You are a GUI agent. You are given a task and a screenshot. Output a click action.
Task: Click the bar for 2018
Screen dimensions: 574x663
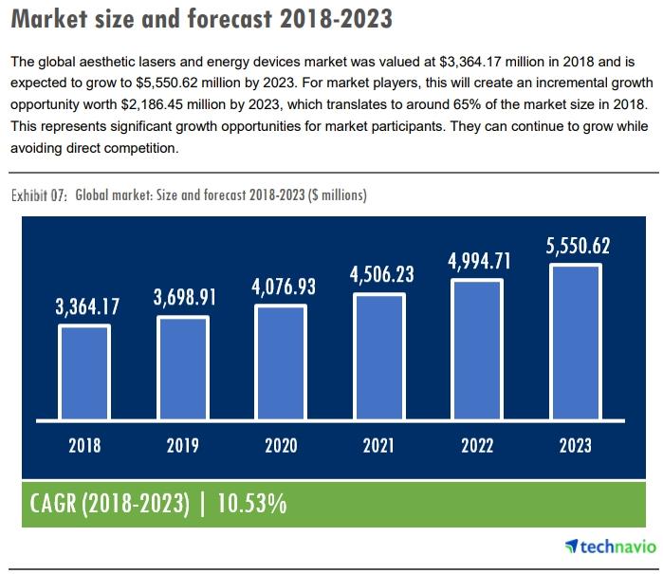tap(84, 371)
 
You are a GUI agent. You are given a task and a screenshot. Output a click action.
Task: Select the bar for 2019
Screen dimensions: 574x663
tap(183, 366)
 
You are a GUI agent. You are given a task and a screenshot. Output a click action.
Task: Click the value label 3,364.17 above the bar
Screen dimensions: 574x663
tap(87, 306)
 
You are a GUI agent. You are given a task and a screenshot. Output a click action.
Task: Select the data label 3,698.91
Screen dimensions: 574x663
tap(185, 297)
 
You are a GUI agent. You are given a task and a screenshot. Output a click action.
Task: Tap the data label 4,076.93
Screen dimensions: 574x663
tap(284, 286)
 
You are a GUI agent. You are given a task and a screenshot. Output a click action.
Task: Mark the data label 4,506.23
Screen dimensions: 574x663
tap(381, 274)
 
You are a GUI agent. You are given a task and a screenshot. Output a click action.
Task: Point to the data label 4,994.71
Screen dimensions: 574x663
tap(479, 261)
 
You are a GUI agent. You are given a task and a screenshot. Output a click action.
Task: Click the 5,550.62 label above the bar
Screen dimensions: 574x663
tap(577, 247)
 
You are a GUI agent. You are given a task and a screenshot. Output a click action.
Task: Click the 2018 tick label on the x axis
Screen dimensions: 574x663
tap(84, 445)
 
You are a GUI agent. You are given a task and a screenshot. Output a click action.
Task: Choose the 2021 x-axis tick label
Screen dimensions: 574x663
tap(379, 445)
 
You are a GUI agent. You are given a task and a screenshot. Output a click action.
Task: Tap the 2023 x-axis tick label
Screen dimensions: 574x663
tap(576, 445)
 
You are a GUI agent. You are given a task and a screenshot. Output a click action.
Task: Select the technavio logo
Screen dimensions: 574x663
tap(611, 546)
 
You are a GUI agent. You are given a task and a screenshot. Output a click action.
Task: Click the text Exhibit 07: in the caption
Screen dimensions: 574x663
tap(39, 195)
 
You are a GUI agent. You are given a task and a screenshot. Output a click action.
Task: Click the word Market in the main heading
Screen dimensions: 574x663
tap(53, 19)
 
